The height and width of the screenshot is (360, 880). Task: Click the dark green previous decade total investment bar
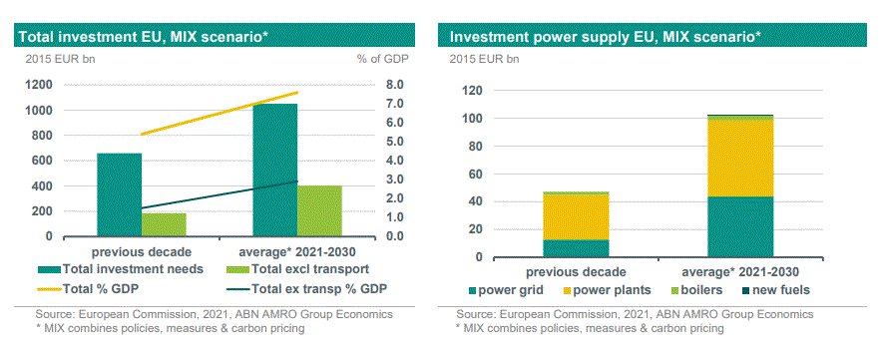click(119, 194)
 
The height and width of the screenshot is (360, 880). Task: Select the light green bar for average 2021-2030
click(319, 210)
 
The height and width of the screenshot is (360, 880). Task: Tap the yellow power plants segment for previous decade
click(576, 217)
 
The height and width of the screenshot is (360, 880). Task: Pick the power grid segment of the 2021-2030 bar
click(740, 226)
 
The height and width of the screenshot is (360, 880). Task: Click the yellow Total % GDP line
click(219, 114)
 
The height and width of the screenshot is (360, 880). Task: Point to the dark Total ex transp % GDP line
click(219, 194)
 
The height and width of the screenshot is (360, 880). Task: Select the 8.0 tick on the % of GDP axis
click(395, 85)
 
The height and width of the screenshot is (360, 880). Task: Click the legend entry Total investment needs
click(120, 269)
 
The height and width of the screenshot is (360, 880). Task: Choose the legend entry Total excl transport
click(297, 269)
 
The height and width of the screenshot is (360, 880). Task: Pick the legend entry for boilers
click(694, 290)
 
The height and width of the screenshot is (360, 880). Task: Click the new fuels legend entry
click(775, 290)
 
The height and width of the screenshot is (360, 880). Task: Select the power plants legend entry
click(608, 290)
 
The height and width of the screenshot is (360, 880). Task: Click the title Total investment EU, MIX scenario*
click(143, 37)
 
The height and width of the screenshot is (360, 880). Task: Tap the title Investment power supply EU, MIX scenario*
click(606, 37)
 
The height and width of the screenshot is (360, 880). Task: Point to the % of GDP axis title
click(383, 58)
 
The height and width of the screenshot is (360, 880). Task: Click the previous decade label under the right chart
click(576, 272)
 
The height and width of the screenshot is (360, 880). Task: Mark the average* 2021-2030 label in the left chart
click(297, 251)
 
